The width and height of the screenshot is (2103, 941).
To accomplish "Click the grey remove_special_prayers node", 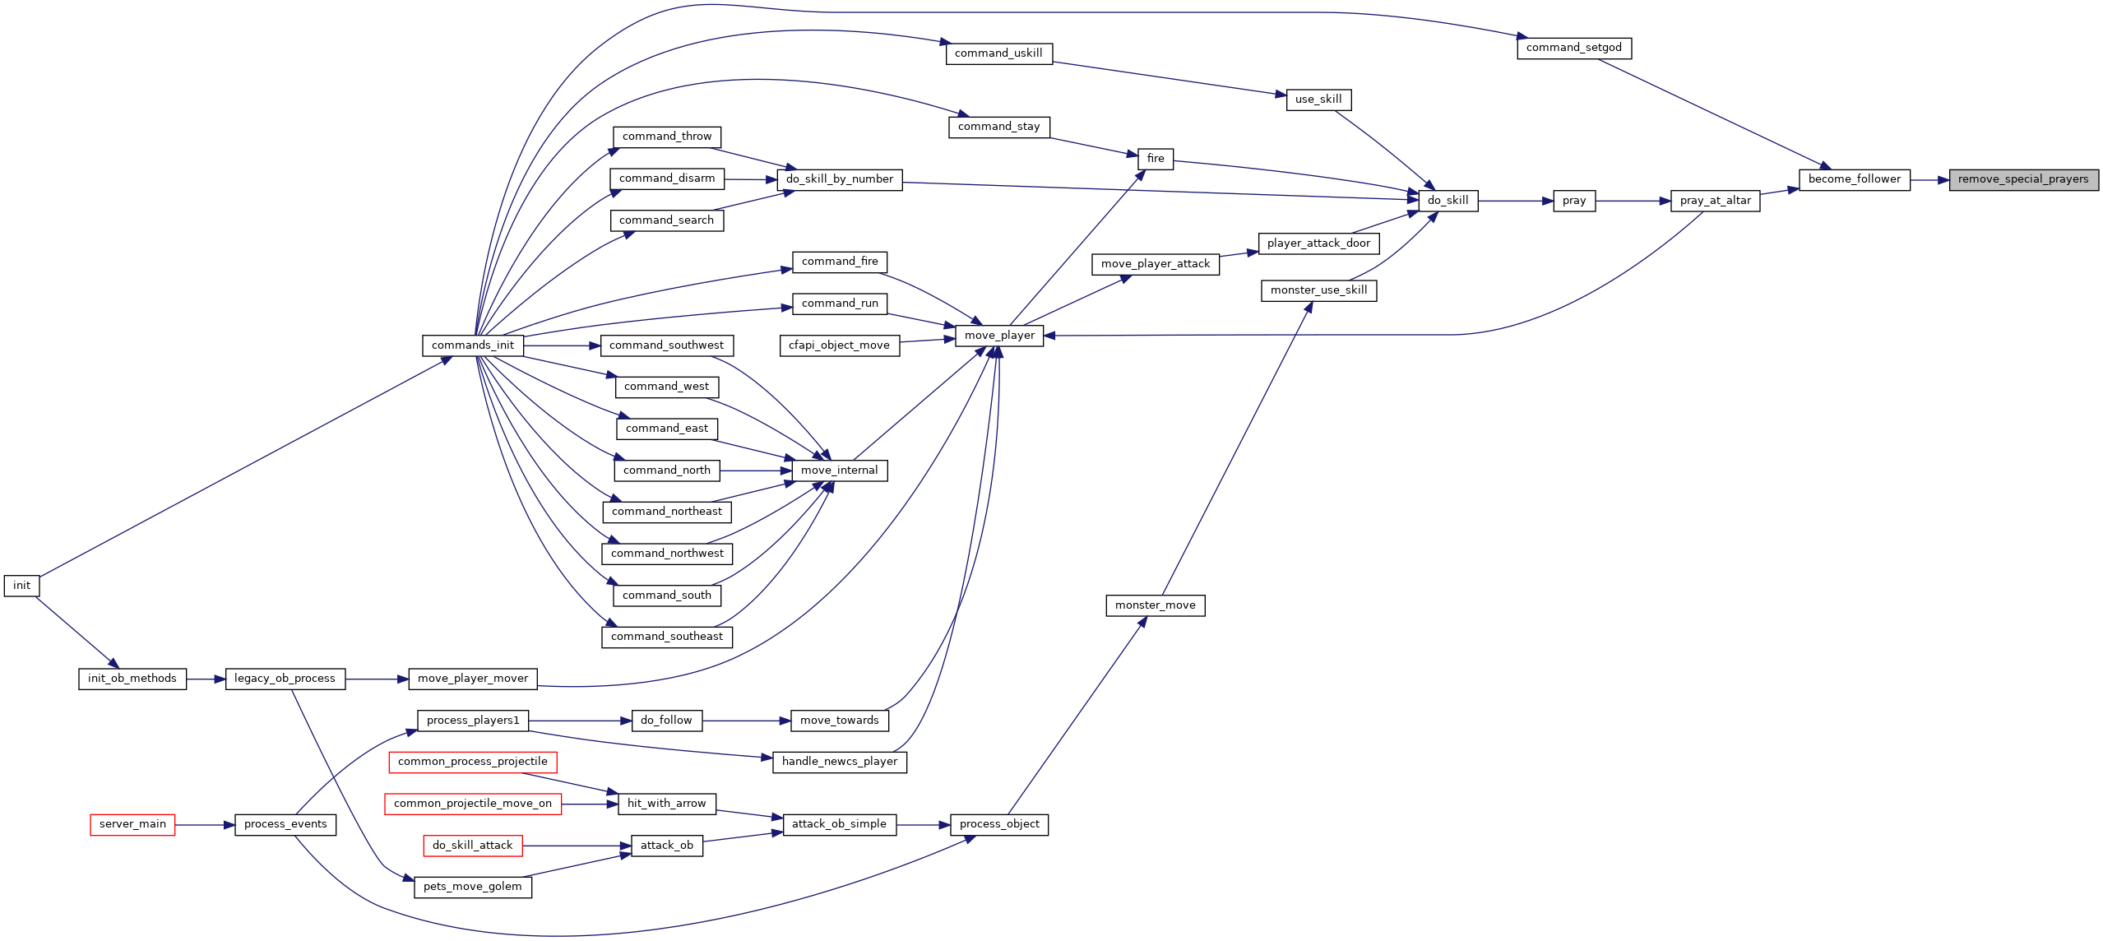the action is tap(2023, 179).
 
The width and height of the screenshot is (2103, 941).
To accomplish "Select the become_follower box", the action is tap(1855, 179).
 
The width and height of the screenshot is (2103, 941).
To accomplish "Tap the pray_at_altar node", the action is tap(1716, 201).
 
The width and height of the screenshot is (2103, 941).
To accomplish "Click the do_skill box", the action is tap(1448, 201).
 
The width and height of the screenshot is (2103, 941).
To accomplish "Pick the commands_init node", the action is tap(473, 345).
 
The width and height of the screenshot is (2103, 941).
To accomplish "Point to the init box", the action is tap(21, 586).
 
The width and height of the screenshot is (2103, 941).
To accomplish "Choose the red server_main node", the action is tap(132, 824).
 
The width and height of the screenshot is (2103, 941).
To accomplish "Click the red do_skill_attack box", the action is tap(473, 846).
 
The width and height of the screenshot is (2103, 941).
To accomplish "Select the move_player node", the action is tap(999, 336).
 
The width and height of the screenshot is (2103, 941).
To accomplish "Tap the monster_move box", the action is tap(1156, 605).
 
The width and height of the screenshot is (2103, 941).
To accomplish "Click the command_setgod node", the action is tap(1574, 48).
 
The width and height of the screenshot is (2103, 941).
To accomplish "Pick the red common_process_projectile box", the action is tap(473, 762).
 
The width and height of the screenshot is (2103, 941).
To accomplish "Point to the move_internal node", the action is tap(840, 471).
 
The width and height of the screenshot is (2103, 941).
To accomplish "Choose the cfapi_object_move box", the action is tap(840, 345).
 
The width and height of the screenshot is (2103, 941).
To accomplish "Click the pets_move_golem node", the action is tap(473, 887).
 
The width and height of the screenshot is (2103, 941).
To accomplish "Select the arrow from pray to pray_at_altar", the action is tap(1633, 201).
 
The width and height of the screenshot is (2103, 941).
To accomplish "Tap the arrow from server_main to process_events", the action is tap(205, 824).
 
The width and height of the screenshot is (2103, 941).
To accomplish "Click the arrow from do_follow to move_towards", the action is tap(747, 721).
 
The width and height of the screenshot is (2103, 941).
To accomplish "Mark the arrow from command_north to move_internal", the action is tap(757, 471).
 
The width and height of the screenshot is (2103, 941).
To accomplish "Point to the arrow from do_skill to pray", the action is tap(1516, 201).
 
